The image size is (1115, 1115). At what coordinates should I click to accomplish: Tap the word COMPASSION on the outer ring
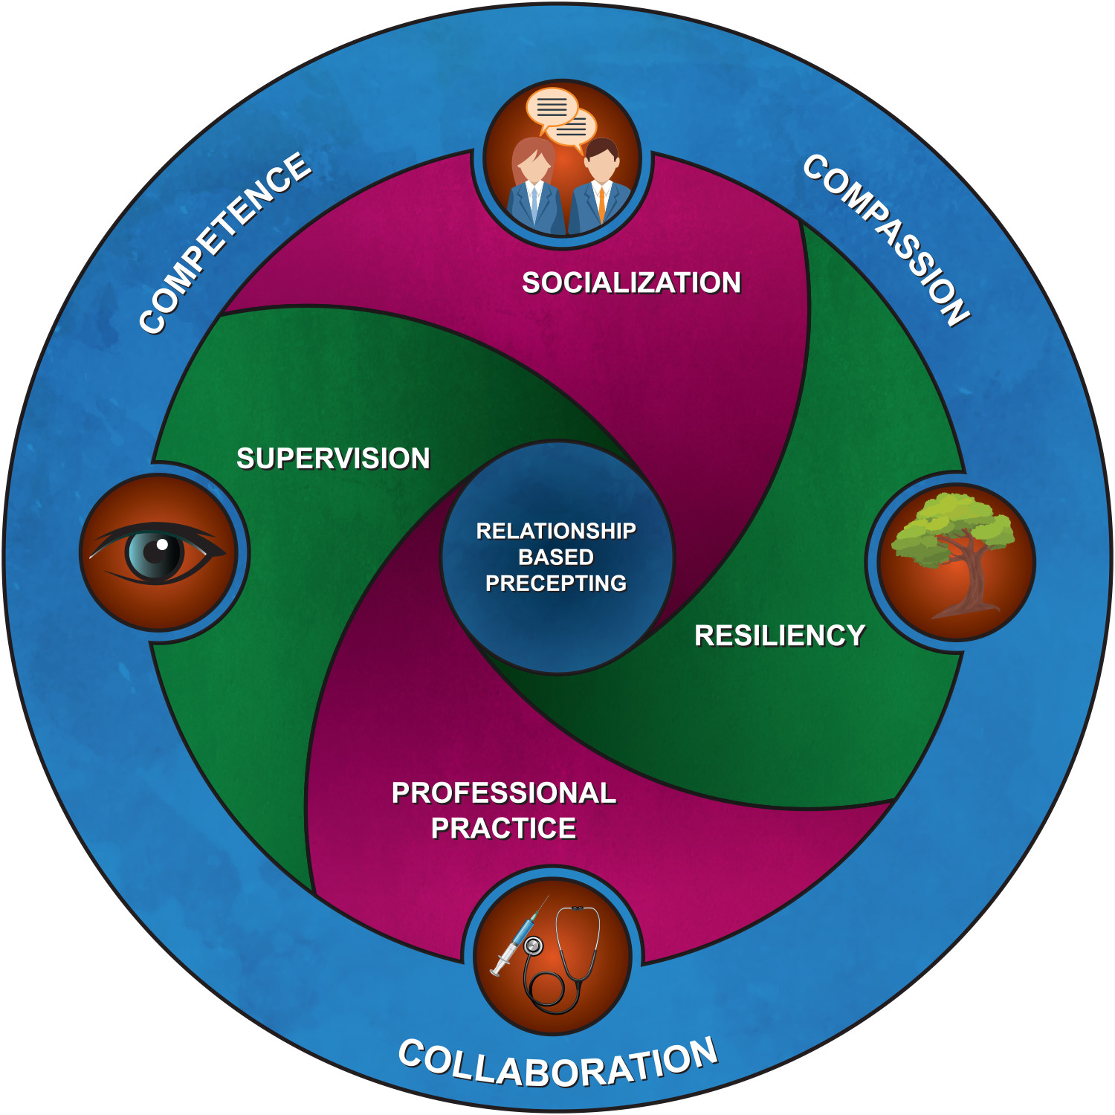[887, 239]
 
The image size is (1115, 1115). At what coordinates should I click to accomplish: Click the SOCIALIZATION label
[631, 283]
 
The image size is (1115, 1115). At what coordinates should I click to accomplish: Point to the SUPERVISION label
[333, 459]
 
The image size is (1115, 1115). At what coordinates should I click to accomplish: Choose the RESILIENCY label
[780, 636]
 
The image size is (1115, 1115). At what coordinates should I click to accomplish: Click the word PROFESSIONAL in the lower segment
[504, 793]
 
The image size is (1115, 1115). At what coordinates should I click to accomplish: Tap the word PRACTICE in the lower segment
[503, 828]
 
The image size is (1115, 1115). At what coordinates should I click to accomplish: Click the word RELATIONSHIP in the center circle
[556, 531]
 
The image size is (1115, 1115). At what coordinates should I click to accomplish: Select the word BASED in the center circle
[556, 557]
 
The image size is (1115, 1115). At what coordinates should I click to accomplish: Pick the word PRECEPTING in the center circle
[556, 584]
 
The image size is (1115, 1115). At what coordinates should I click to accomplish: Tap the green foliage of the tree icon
[951, 524]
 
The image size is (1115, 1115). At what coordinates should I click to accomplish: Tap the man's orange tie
[601, 204]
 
